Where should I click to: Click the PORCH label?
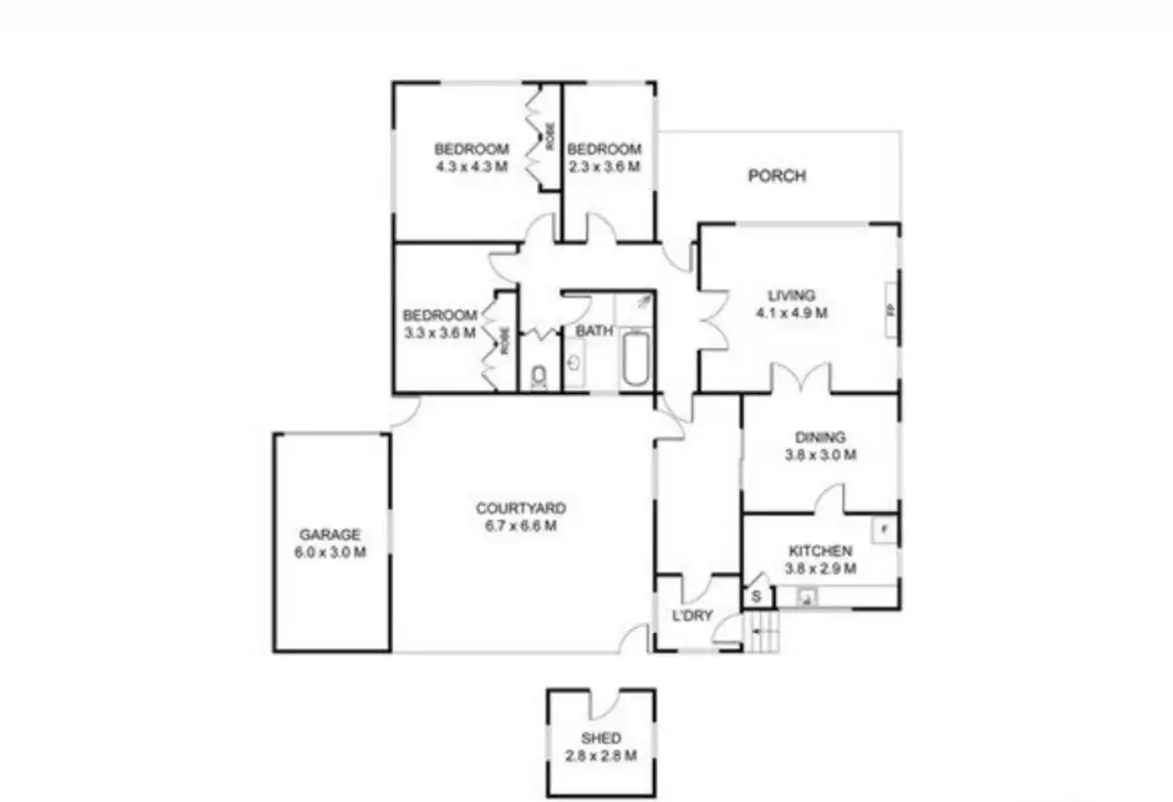pos(777,176)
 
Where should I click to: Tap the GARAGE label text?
pos(329,535)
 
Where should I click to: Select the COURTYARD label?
pos(520,509)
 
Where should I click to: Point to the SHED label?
pos(600,738)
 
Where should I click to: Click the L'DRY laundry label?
pos(692,616)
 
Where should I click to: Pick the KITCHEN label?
pos(820,552)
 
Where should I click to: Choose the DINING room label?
pos(820,438)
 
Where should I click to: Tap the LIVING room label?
pos(791,295)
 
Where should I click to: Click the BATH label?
pos(593,331)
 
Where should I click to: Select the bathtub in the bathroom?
pos(635,359)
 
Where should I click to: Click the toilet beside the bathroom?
pos(539,377)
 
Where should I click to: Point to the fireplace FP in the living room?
pos(891,310)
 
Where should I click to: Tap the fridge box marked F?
pos(884,530)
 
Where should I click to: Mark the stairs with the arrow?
pos(763,633)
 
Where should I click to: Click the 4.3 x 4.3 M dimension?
pos(472,166)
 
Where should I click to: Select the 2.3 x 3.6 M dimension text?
pos(604,166)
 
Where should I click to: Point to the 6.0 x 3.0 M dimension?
pos(329,552)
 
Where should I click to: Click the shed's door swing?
pos(606,703)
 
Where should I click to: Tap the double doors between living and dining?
pos(802,379)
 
